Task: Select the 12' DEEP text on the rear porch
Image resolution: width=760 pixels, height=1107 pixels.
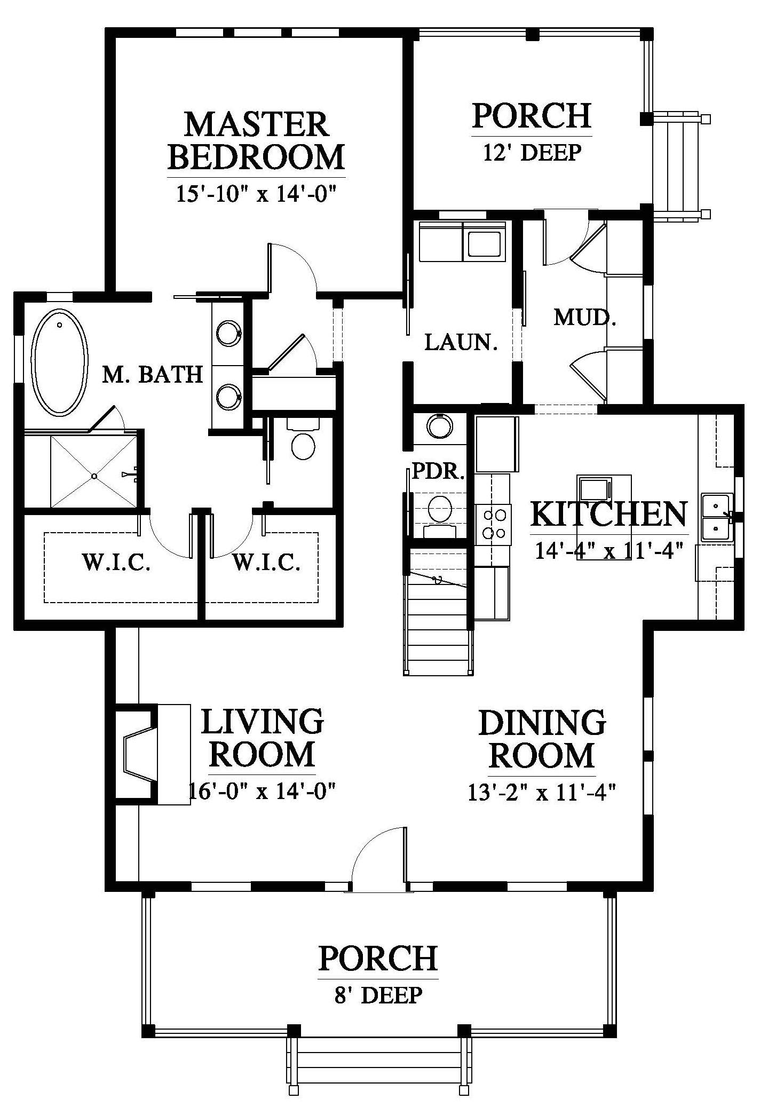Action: (532, 153)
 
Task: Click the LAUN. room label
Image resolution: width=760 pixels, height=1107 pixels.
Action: (461, 342)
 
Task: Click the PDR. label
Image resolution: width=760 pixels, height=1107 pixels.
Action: (439, 472)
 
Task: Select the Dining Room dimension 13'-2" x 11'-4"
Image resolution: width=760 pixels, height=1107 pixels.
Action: (542, 793)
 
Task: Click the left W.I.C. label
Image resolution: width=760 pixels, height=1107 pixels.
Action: (115, 563)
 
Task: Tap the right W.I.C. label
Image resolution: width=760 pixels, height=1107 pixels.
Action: (266, 563)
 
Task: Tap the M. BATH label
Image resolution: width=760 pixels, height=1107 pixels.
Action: (153, 375)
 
